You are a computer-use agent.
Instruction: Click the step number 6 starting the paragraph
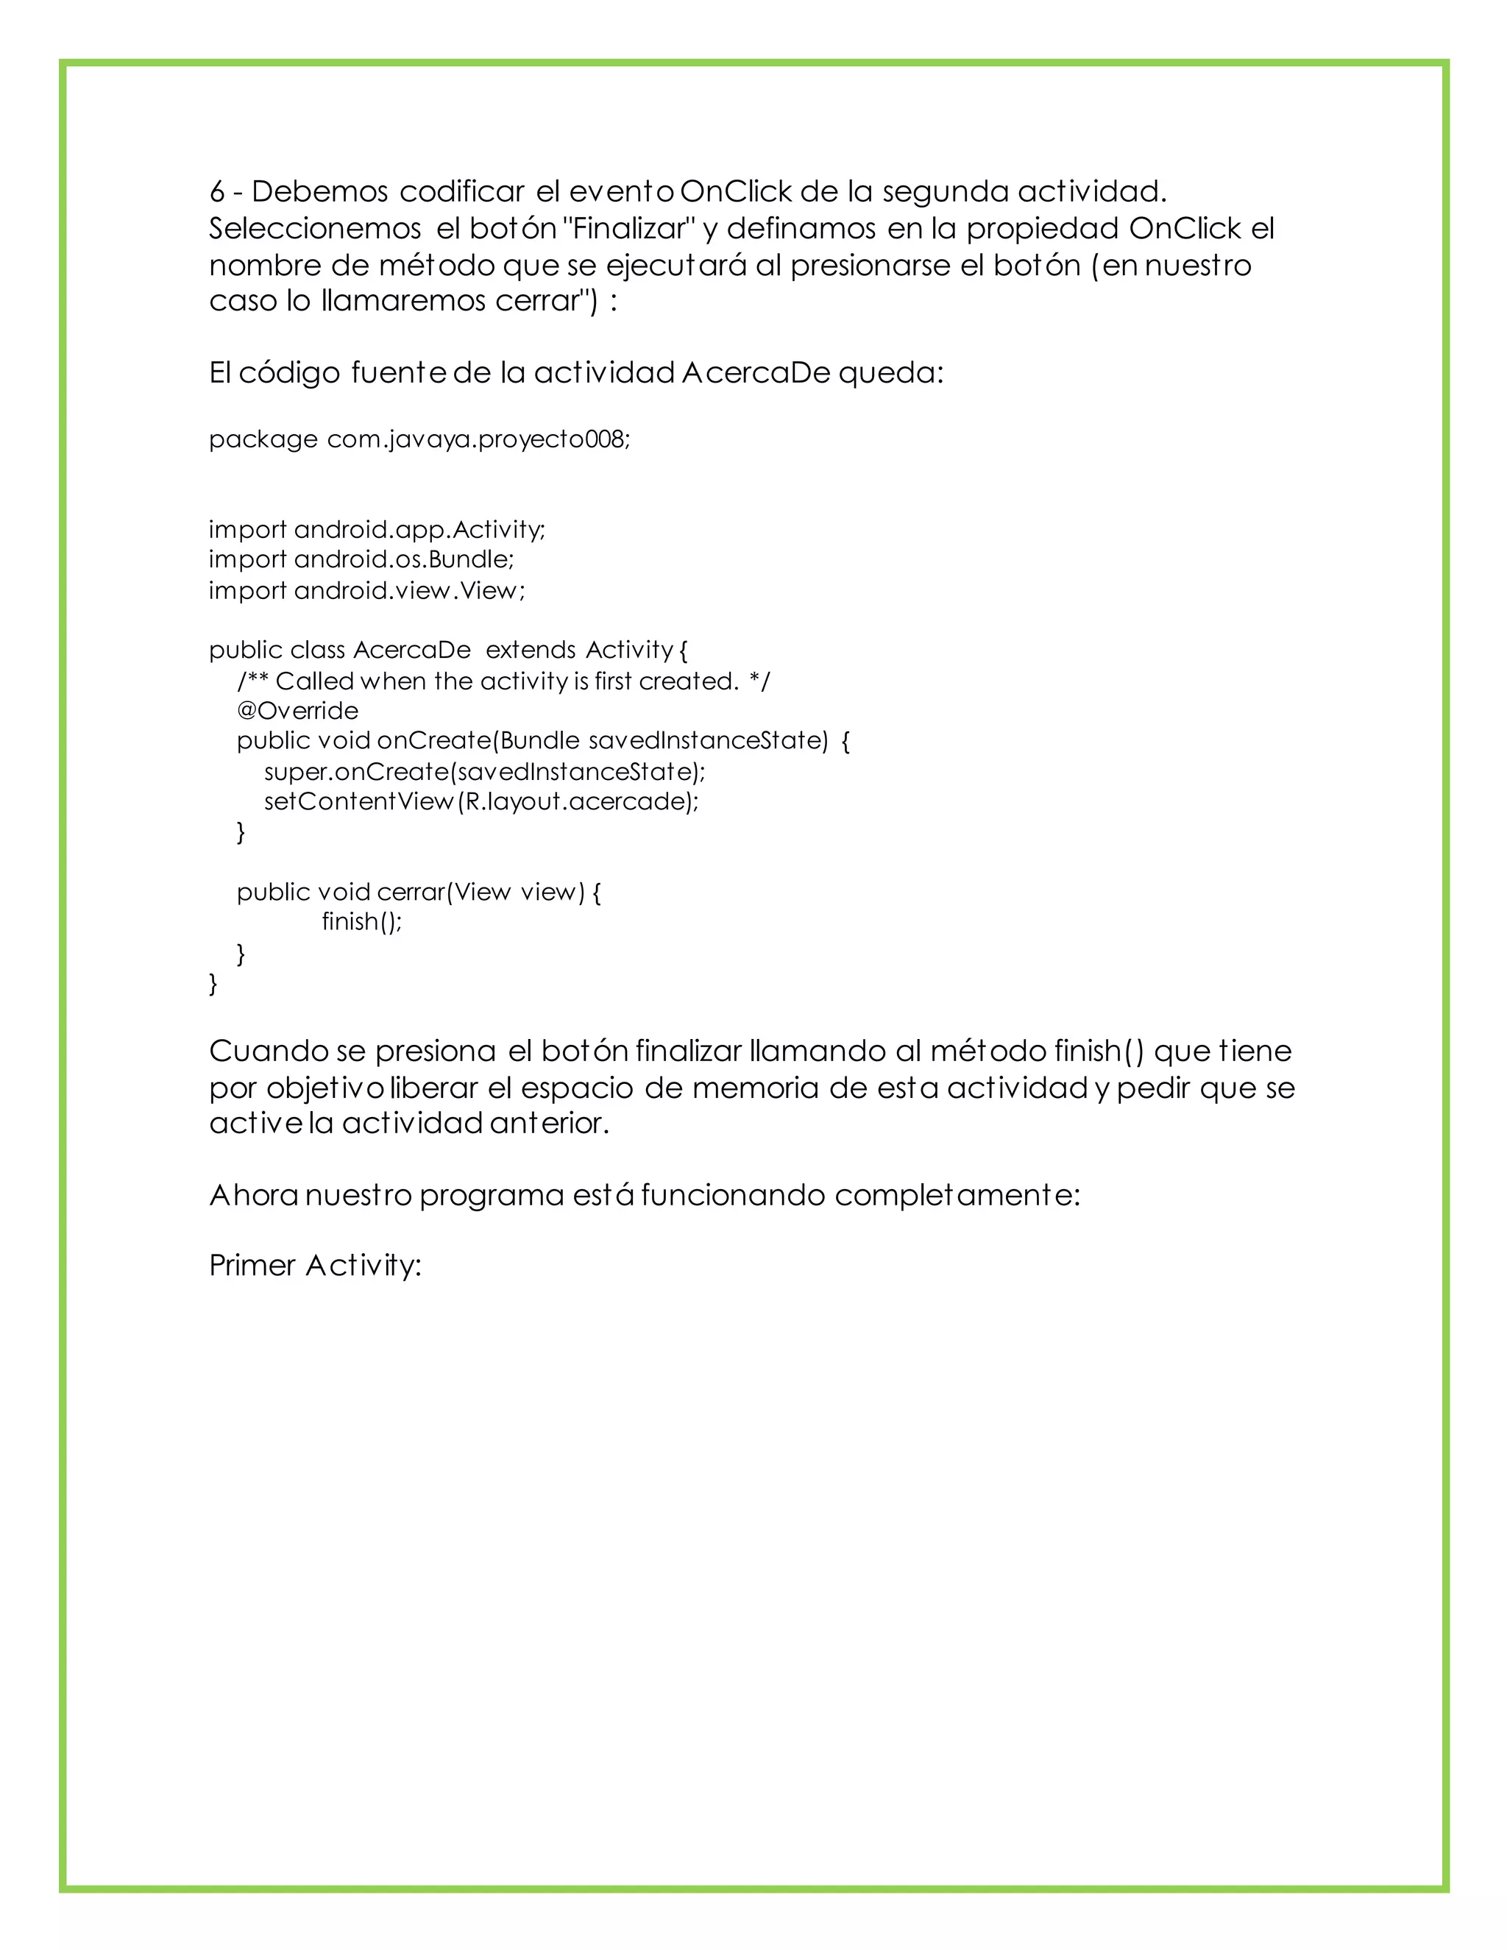click(x=216, y=192)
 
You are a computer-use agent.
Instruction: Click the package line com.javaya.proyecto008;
click(x=478, y=439)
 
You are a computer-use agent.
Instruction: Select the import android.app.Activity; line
click(x=377, y=530)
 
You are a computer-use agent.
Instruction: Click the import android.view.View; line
click(x=367, y=590)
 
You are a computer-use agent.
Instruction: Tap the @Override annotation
click(x=297, y=711)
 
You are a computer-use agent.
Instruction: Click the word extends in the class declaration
click(x=531, y=650)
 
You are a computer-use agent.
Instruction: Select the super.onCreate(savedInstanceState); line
click(x=485, y=771)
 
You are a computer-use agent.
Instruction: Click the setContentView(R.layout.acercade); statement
click(x=481, y=802)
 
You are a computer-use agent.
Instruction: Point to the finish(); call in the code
click(x=361, y=921)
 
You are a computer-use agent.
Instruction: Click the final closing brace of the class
click(x=213, y=984)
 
